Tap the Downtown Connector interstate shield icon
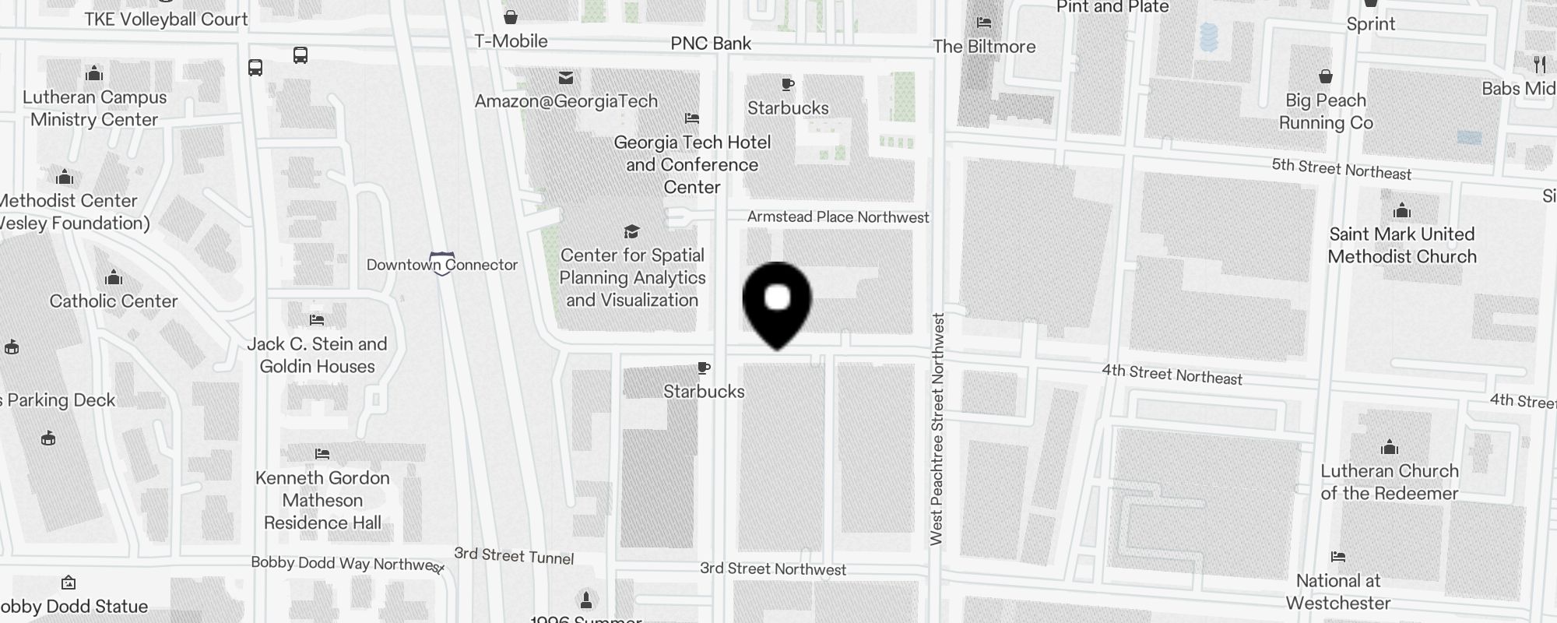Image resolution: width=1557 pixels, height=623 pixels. tap(442, 263)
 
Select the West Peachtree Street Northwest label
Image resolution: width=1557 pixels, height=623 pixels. tap(937, 428)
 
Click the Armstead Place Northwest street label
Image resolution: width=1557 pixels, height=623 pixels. tap(838, 217)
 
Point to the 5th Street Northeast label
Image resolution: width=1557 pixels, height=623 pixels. tap(1341, 169)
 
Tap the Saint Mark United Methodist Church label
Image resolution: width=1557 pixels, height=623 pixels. tap(1401, 245)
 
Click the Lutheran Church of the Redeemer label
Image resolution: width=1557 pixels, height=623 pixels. tap(1389, 482)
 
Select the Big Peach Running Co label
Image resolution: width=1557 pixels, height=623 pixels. tap(1325, 111)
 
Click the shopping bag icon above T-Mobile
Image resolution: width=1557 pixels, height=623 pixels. tap(511, 16)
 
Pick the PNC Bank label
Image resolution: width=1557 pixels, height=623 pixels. tap(711, 44)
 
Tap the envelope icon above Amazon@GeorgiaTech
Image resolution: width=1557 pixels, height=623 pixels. tap(566, 78)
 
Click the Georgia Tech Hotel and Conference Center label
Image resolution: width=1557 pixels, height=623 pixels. tap(692, 164)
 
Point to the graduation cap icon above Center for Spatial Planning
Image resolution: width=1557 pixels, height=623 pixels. tap(631, 232)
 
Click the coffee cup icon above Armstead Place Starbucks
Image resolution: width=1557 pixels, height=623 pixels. tap(788, 84)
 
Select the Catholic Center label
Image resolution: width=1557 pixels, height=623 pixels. tap(114, 301)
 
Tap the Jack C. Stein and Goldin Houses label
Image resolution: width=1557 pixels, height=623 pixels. tap(317, 355)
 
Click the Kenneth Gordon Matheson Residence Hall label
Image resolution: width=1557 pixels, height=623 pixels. tap(322, 500)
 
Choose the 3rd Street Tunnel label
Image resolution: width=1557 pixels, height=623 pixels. tap(514, 556)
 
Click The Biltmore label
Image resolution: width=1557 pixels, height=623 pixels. tap(984, 47)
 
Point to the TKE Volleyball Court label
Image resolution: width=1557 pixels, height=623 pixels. tap(166, 19)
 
